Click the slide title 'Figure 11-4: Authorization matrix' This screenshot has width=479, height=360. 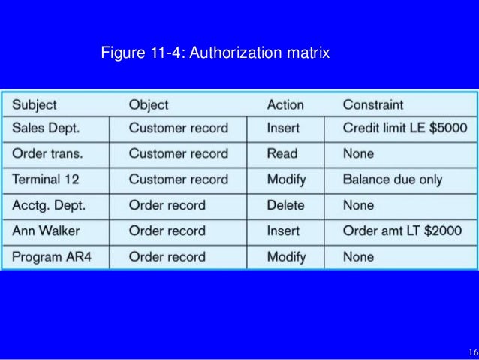tap(215, 54)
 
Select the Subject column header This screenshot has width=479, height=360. tap(35, 104)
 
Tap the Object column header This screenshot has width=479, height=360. tap(149, 104)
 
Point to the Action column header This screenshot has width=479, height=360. tap(285, 104)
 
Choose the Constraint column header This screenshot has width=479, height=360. tap(373, 104)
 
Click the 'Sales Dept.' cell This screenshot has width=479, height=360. tap(46, 128)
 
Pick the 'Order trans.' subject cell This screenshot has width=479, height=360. tap(47, 153)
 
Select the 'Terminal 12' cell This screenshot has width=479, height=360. tap(46, 180)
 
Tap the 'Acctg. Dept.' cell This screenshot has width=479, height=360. tap(48, 205)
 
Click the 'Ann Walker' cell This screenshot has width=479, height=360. tap(46, 231)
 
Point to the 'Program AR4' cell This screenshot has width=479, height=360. tap(51, 256)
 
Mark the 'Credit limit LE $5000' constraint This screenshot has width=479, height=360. tap(405, 128)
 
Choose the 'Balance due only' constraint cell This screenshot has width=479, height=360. tap(393, 180)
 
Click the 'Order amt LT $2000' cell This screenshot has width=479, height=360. tap(402, 231)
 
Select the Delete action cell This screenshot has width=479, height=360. tap(286, 205)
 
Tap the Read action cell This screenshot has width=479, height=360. tap(282, 153)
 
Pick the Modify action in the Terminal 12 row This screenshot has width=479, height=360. tap(286, 180)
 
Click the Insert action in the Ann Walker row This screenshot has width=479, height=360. tap(283, 231)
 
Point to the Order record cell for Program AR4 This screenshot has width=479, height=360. tap(167, 256)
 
